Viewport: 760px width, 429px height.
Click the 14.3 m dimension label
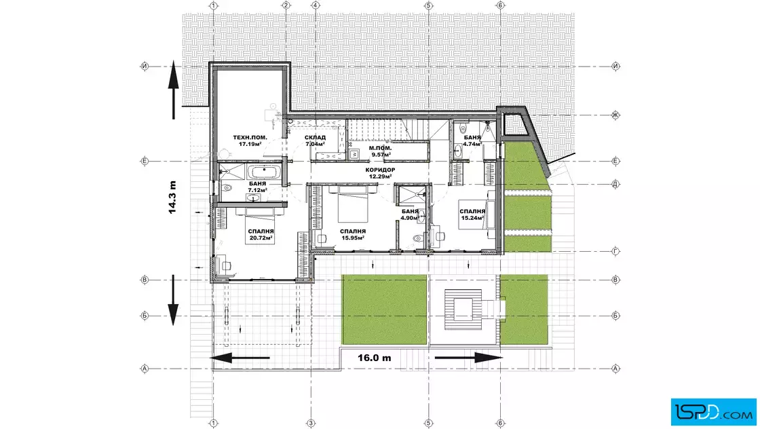pos(172,198)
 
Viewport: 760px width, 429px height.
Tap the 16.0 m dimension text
pos(374,358)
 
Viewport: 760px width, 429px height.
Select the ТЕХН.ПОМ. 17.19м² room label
pos(250,141)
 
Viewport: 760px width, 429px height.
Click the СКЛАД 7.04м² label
pos(315,141)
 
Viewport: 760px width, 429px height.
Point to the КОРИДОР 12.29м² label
pos(380,173)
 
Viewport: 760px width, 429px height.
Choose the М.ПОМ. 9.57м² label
pos(381,151)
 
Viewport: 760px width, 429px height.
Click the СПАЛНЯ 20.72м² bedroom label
pos(261,235)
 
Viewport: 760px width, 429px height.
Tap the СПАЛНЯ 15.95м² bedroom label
pos(353,235)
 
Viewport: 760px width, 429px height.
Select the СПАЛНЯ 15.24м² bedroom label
pos(472,214)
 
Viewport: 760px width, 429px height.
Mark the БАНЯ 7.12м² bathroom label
pos(257,187)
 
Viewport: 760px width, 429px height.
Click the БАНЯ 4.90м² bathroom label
pos(410,214)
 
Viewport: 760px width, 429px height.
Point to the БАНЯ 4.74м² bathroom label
pos(472,141)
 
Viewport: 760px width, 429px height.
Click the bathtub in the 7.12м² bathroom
pos(264,172)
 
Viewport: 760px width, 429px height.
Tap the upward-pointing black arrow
pos(174,90)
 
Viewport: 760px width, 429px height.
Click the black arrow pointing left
pos(240,358)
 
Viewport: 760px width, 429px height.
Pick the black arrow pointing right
pos(469,358)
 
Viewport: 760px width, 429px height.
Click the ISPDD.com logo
pos(713,412)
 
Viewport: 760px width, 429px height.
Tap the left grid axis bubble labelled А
pos(145,369)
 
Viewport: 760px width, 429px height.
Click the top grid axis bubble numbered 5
pos(428,6)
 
